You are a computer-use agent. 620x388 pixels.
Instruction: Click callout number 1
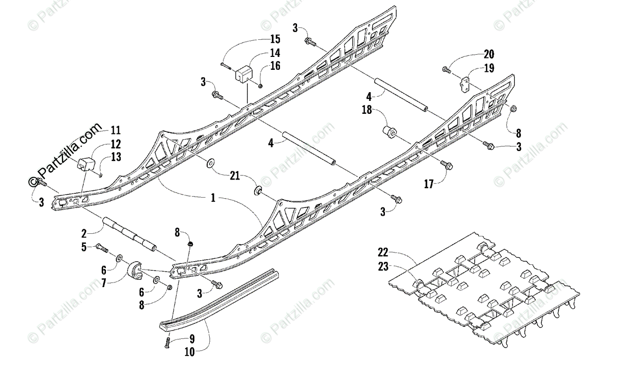coord(212,197)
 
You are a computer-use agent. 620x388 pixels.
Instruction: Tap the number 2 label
coord(84,233)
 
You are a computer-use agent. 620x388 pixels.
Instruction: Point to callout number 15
coord(275,39)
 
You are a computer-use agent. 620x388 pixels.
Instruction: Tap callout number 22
coord(383,252)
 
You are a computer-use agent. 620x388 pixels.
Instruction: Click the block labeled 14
coord(243,73)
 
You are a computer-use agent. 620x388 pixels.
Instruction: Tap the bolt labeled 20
coord(447,68)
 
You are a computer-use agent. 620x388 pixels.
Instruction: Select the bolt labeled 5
coord(101,248)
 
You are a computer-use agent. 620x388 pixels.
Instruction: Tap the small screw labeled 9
coord(167,341)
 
